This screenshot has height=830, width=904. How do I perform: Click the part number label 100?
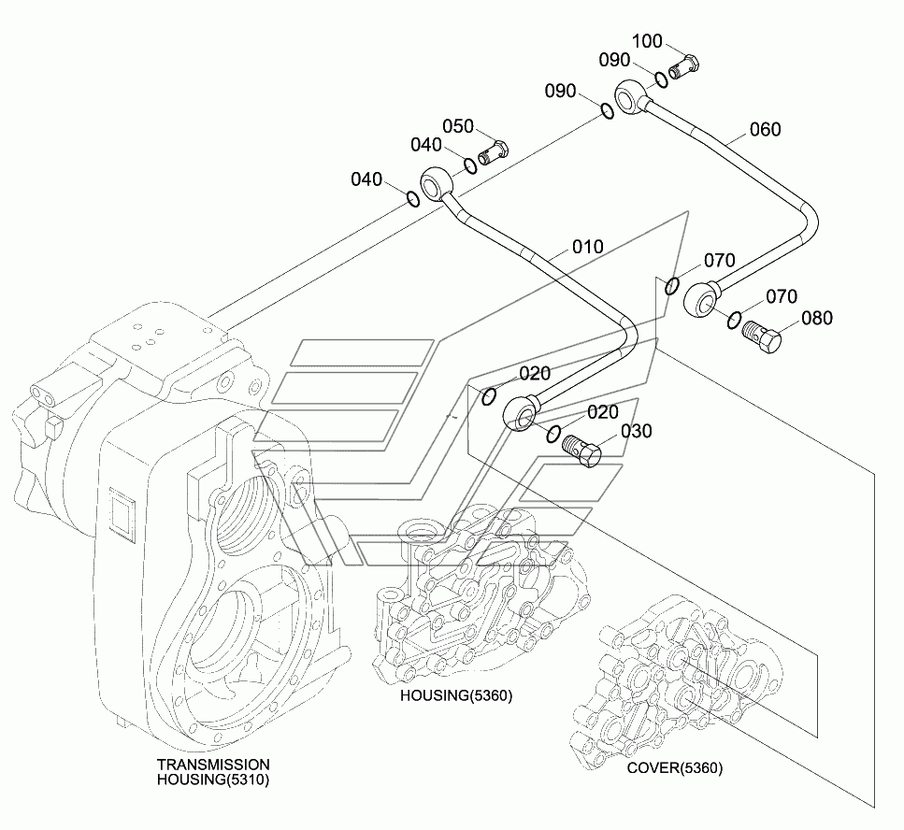tap(647, 41)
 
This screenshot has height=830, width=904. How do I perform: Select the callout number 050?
tap(458, 126)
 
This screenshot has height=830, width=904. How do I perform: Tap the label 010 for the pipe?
tap(587, 247)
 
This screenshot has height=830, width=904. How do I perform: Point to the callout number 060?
tap(765, 129)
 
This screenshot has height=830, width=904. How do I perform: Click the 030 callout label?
tap(636, 431)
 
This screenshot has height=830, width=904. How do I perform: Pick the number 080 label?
tap(817, 318)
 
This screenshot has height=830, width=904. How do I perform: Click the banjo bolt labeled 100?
tap(684, 67)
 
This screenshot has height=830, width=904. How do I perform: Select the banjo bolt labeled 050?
tap(493, 152)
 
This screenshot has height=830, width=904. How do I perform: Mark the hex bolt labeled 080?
tap(761, 337)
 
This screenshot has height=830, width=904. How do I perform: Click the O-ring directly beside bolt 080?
tap(733, 320)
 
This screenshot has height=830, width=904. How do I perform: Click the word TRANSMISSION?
tap(213, 765)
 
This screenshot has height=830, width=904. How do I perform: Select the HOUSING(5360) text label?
tap(456, 695)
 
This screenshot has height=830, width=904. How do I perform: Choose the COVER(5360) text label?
tap(675, 767)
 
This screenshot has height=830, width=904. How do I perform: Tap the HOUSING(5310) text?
tap(213, 780)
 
